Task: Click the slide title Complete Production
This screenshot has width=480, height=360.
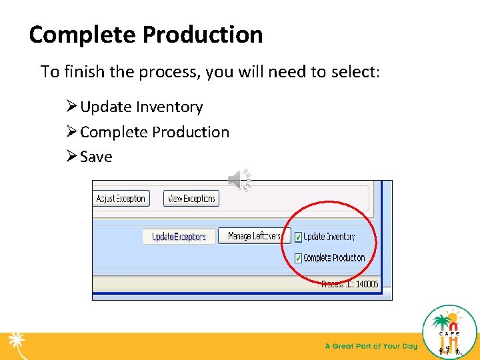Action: [x=146, y=35]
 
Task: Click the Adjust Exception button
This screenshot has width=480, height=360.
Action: [x=121, y=199]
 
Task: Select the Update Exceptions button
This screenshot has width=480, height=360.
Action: [x=178, y=237]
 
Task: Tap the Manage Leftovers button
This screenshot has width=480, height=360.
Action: [x=254, y=236]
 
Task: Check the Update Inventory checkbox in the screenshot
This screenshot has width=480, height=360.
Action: [x=298, y=237]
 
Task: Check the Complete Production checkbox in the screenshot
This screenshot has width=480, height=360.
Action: [x=298, y=258]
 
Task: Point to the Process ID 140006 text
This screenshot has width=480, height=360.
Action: [x=349, y=284]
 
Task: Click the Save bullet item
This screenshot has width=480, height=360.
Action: [x=96, y=157]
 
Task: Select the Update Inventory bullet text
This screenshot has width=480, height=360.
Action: [x=141, y=107]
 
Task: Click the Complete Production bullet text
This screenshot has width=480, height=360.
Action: [x=155, y=132]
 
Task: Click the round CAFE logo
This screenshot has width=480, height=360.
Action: [x=450, y=332]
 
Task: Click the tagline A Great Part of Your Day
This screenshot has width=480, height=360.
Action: [x=371, y=346]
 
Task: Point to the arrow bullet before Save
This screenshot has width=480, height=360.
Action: [x=71, y=157]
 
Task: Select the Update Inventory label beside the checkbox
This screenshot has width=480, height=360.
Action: [x=330, y=237]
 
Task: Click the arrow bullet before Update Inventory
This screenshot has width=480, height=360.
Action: [x=71, y=107]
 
